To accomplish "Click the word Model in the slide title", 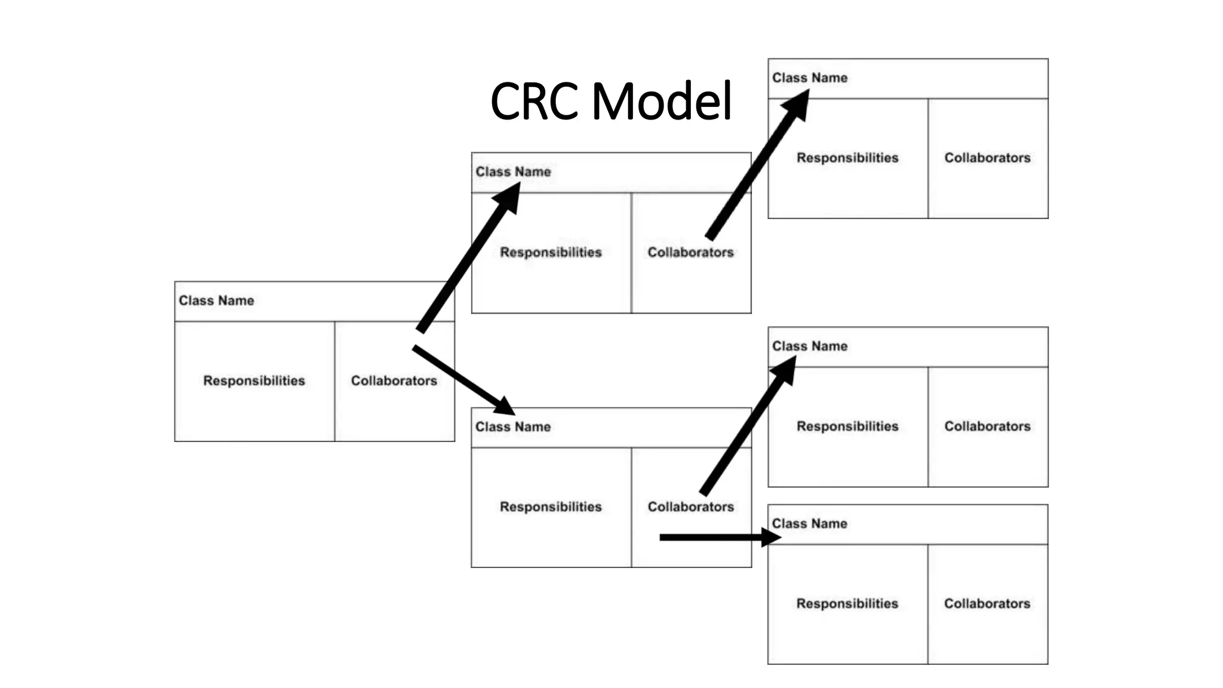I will click(662, 102).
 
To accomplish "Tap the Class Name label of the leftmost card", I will click(216, 300).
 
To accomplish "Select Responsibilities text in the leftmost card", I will click(254, 380).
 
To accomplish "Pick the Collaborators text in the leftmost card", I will click(394, 380).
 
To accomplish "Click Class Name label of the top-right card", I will click(809, 78).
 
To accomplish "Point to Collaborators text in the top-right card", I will click(987, 158).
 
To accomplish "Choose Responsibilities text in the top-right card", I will click(847, 158).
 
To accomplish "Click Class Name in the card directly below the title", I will click(513, 171).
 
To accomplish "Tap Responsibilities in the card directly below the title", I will click(551, 252).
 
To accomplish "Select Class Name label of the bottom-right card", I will click(809, 523).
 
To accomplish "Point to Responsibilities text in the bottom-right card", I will click(847, 603).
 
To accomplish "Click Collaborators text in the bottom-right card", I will click(987, 603).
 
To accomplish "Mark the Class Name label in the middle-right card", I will click(809, 346).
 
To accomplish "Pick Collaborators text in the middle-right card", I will click(987, 426).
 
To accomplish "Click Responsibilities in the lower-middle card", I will click(551, 506).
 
